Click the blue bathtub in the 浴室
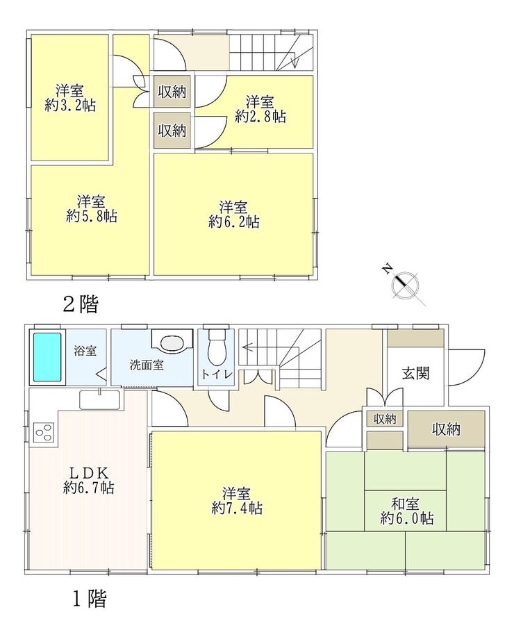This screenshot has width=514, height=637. [x=48, y=356]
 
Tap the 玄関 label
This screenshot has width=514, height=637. [x=415, y=373]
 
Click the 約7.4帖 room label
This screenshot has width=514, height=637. [x=236, y=501]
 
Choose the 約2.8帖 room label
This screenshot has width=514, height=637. [x=260, y=110]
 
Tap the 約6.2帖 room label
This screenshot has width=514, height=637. [x=234, y=214]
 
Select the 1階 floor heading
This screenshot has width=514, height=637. [x=88, y=598]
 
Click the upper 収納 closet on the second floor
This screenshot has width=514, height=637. [x=172, y=92]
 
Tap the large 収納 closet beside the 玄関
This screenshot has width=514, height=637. [x=447, y=429]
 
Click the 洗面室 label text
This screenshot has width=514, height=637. [x=147, y=365]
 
